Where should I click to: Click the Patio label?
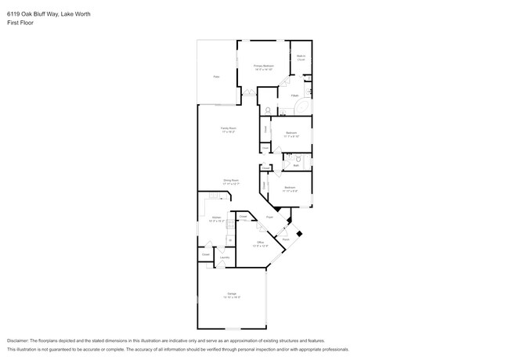[x=216, y=77]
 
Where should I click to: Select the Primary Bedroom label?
[x=263, y=67]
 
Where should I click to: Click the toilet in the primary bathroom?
[x=267, y=110]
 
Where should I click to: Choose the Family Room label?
[x=228, y=129]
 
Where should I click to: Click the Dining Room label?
[x=230, y=182]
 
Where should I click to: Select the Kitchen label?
[x=216, y=218]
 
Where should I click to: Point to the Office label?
[x=261, y=243]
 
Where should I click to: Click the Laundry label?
[x=223, y=256]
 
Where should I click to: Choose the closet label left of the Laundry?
[x=205, y=254]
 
